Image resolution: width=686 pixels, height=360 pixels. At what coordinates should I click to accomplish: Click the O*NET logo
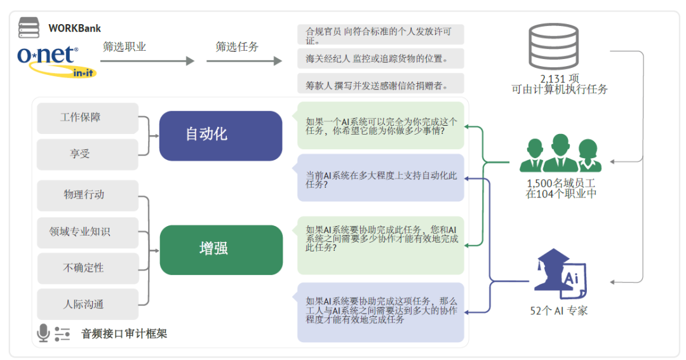click(56, 61)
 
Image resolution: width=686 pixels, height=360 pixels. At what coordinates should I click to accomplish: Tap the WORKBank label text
click(74, 29)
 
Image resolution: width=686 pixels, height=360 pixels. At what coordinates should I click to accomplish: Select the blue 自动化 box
click(220, 136)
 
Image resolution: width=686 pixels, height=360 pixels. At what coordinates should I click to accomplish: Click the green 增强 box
click(221, 250)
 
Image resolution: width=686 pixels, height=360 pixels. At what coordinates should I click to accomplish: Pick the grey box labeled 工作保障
click(88, 118)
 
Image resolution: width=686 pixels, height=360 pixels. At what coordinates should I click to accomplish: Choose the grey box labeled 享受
click(88, 154)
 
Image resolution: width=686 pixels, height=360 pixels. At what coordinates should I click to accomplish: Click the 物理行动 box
click(88, 196)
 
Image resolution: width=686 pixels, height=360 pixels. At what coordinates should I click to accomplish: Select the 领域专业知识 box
click(88, 232)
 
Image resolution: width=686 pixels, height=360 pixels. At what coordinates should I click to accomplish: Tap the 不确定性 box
click(88, 268)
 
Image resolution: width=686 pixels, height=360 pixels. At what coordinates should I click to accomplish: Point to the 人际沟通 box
click(88, 304)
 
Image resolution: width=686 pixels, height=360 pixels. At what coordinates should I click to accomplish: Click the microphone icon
click(43, 333)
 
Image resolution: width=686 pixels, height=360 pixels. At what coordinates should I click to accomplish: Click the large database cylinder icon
click(553, 46)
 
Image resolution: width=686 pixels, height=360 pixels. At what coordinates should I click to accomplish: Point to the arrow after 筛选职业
click(147, 61)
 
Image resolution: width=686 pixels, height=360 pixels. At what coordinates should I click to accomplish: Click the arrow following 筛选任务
click(244, 61)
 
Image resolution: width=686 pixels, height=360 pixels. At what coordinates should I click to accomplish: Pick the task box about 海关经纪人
click(380, 58)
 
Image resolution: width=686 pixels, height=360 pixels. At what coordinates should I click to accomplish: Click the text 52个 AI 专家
click(559, 311)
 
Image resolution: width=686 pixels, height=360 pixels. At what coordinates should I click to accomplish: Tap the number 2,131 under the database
click(553, 79)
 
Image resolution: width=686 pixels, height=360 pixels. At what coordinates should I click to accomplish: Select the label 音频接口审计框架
click(124, 334)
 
